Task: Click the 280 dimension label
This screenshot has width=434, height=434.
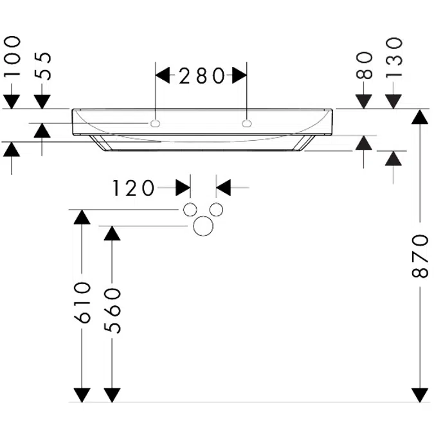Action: (201, 76)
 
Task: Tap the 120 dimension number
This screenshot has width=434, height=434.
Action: (134, 188)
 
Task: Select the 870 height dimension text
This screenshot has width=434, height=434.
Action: (419, 256)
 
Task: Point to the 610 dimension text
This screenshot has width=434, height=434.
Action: (81, 302)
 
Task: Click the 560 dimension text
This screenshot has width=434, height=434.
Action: (113, 310)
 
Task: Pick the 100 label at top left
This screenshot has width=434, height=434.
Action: (12, 57)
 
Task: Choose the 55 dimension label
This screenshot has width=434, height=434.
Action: (42, 65)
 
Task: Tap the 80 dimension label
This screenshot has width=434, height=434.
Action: (364, 65)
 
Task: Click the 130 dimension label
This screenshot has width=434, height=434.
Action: (394, 57)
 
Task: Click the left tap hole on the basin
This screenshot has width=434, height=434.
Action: (156, 122)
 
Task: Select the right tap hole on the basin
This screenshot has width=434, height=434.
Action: (246, 122)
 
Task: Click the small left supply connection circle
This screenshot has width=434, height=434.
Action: (190, 210)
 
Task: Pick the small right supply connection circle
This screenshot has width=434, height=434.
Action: (217, 210)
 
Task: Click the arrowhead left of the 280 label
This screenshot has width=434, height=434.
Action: (163, 76)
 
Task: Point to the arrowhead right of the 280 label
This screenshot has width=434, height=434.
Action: (239, 76)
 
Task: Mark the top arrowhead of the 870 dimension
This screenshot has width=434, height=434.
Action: (419, 116)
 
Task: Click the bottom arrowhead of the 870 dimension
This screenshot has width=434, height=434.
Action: (419, 395)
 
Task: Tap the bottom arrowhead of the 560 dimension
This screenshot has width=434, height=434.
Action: (113, 395)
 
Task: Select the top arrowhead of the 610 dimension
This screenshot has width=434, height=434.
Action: (81, 217)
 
